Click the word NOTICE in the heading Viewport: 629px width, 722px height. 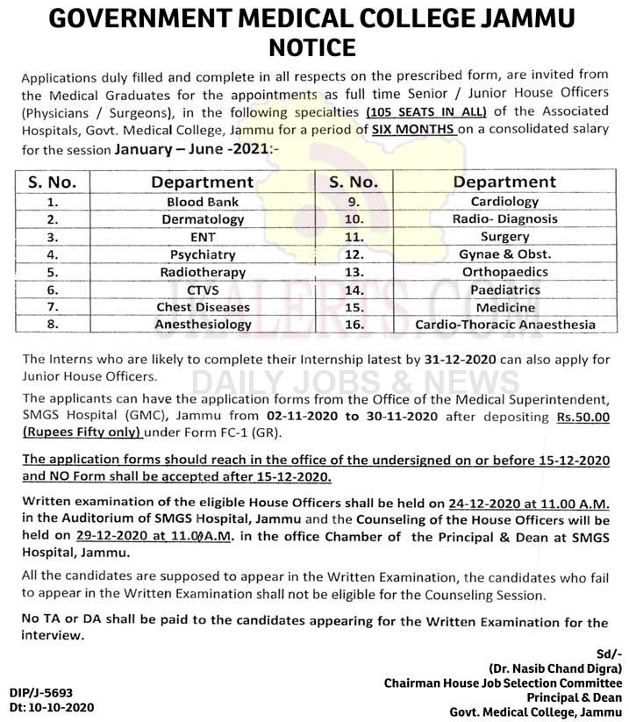(x=314, y=46)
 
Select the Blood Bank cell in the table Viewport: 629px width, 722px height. (x=203, y=202)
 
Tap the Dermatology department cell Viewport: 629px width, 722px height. (x=203, y=219)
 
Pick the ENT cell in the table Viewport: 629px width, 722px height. (x=203, y=237)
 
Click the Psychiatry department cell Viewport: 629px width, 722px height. (x=203, y=254)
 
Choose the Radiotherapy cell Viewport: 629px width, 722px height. (x=203, y=272)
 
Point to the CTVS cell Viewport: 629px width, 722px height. (x=203, y=290)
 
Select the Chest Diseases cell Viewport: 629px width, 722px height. (x=203, y=307)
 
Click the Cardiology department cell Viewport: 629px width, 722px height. (x=504, y=202)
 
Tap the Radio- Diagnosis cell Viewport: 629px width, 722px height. (x=504, y=219)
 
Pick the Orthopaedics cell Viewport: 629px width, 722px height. (x=504, y=272)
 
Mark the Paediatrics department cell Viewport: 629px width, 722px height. (x=504, y=290)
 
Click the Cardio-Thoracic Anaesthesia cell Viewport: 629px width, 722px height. (x=504, y=325)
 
